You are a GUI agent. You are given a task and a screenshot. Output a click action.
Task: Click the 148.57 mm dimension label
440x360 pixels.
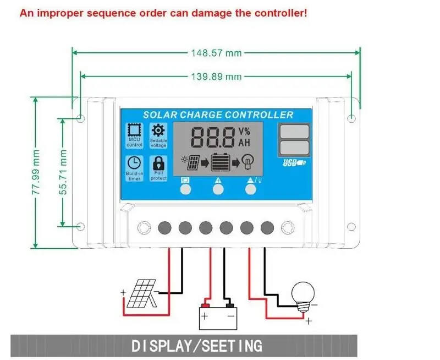click(216, 53)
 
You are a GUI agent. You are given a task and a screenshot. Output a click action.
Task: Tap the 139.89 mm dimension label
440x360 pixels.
click(216, 77)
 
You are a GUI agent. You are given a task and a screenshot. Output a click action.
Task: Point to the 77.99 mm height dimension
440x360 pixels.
click(36, 172)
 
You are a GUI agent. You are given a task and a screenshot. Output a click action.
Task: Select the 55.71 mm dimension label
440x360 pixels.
click(63, 172)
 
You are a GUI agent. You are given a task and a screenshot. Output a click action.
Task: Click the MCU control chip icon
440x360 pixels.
click(134, 130)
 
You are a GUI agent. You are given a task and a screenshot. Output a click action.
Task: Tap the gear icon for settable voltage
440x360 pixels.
click(158, 130)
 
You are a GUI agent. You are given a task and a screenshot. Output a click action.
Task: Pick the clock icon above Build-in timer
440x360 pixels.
click(134, 163)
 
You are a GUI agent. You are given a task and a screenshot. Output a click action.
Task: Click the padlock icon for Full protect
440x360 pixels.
click(158, 163)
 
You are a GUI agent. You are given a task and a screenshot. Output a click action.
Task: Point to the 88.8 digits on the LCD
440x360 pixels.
click(212, 137)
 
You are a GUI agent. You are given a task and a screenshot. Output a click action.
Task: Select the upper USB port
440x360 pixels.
click(294, 132)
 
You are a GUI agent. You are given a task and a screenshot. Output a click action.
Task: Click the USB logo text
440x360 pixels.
click(294, 162)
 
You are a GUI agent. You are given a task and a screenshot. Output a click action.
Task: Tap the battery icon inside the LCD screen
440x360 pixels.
click(221, 162)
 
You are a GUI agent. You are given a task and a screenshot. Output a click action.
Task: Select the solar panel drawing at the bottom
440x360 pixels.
click(142, 293)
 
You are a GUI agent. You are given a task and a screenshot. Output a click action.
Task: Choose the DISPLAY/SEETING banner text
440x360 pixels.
click(197, 346)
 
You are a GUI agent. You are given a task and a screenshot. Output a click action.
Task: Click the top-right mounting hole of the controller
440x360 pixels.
click(351, 118)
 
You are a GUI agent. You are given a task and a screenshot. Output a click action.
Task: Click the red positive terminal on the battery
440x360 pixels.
click(206, 306)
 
